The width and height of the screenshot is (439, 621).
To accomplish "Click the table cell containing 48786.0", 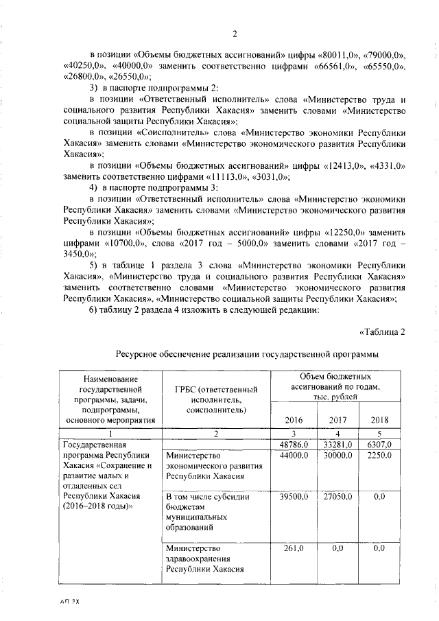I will pyautogui.click(x=293, y=445).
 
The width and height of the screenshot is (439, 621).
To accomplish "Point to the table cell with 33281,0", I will pyautogui.click(x=337, y=445).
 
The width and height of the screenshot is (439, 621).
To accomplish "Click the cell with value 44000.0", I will pyautogui.click(x=293, y=456).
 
